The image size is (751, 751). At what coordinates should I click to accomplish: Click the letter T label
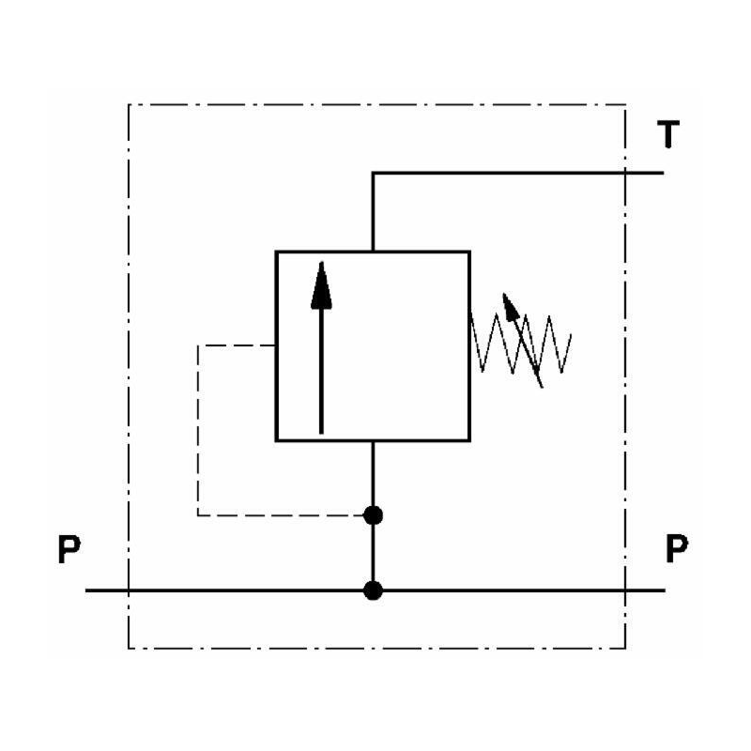pos(667,137)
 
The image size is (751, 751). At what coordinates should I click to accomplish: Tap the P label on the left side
pos(68,550)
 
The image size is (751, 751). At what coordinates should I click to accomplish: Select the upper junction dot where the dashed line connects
pos(374,514)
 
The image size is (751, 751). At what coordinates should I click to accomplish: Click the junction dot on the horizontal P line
pos(374,590)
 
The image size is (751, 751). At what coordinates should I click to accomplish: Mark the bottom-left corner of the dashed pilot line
pos(198,514)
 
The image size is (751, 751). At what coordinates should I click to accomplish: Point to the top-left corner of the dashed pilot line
pos(198,346)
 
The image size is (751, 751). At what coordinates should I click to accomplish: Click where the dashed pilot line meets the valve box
pos(275,346)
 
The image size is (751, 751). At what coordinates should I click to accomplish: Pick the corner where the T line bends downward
pos(374,173)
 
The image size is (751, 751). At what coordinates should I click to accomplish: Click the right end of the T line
pos(664,173)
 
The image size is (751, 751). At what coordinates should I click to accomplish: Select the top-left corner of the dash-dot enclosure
pos(129,104)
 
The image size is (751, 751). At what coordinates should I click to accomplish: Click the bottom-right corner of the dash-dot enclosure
pos(626,648)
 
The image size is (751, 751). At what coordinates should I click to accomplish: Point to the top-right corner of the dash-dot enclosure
pos(626,104)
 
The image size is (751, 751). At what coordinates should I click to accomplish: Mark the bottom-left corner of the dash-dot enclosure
pos(129,648)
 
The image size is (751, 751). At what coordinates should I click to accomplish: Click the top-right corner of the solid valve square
pos(469,252)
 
